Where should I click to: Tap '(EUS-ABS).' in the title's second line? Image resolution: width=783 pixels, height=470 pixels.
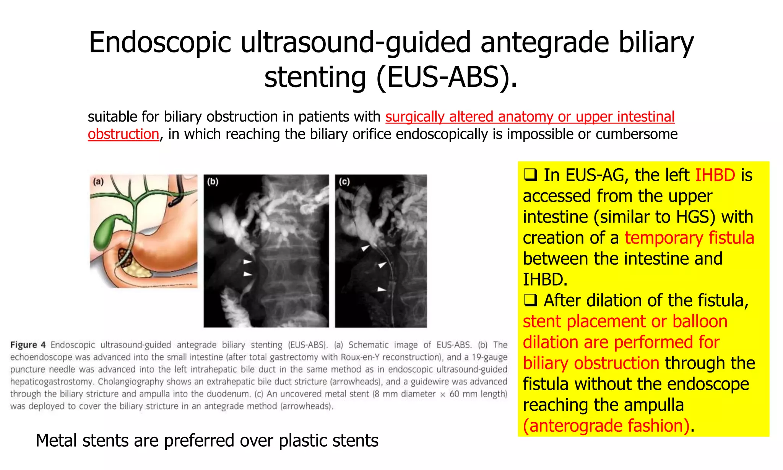point(447,77)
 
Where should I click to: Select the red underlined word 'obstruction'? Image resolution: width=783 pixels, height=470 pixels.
point(123,134)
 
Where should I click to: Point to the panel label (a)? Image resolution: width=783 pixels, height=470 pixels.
point(99,182)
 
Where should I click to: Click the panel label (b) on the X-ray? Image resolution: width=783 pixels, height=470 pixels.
point(213,182)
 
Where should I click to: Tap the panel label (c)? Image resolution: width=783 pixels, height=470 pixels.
point(344,182)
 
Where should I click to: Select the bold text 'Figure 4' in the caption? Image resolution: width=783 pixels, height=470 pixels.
point(28,345)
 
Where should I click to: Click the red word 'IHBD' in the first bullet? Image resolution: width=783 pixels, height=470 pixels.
point(715,175)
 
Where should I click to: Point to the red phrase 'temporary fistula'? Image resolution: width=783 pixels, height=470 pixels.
point(689,238)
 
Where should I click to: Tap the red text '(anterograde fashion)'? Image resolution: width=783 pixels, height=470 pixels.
point(606,426)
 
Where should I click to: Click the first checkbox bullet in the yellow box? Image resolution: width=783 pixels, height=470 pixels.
point(530,175)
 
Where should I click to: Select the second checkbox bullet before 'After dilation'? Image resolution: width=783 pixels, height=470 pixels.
point(530,301)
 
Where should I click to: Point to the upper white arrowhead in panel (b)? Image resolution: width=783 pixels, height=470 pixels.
point(248,262)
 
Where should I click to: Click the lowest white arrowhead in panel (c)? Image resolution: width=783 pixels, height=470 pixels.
point(382,289)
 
